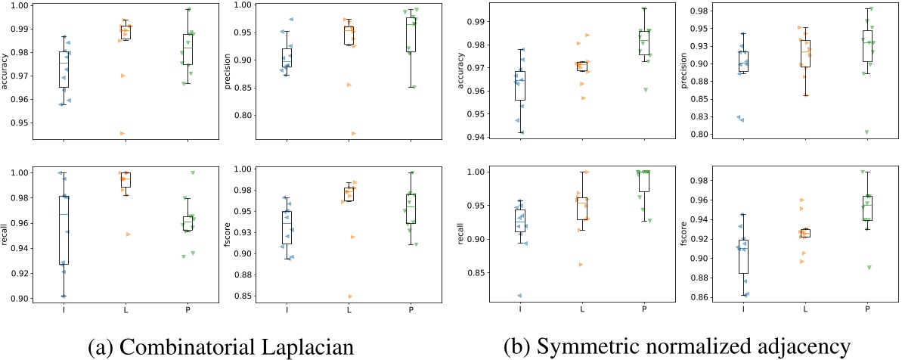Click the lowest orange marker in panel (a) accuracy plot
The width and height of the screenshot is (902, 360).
(x=122, y=133)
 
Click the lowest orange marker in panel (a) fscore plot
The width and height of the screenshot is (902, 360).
(x=349, y=296)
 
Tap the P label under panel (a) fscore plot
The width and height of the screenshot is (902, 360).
(x=410, y=310)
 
